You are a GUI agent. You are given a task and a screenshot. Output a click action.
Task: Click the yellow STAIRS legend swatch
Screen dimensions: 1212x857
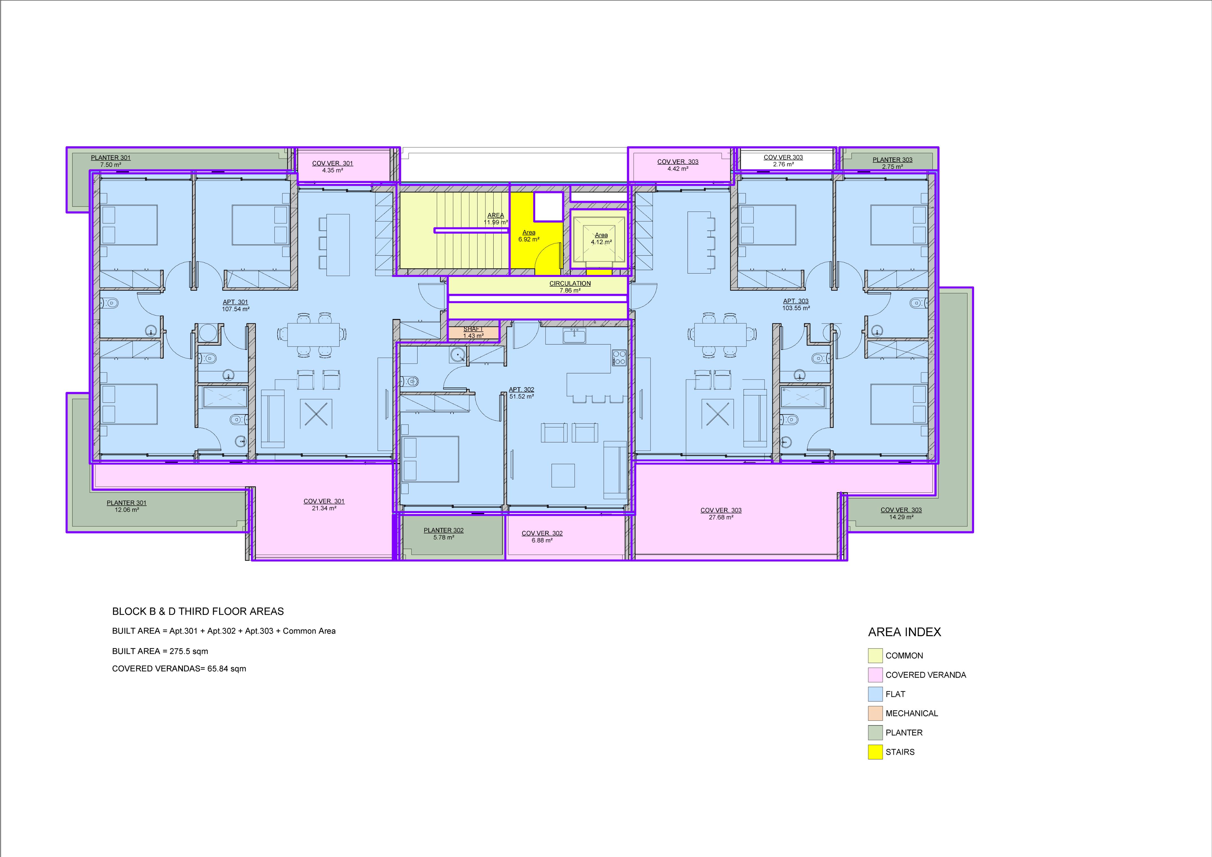[875, 752]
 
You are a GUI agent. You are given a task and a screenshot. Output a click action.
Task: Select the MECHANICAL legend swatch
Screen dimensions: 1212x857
[875, 713]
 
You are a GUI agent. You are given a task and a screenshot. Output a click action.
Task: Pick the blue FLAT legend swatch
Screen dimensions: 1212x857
[875, 694]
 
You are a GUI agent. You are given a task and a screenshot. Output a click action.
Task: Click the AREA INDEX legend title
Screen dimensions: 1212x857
[904, 632]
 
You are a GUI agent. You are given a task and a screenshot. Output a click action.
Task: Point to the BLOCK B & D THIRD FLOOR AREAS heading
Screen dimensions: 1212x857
[198, 611]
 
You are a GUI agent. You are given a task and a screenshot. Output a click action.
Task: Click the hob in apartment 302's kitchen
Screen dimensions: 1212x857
[619, 358]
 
